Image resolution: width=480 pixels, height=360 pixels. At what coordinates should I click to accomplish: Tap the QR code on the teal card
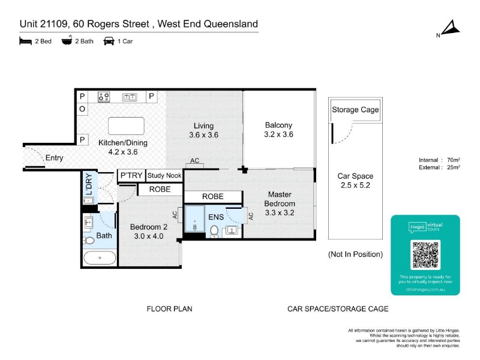tap(425, 254)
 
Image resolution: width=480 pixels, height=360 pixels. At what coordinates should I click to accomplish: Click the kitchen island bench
tap(126, 126)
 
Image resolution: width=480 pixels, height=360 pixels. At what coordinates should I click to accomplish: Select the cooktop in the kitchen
tap(104, 97)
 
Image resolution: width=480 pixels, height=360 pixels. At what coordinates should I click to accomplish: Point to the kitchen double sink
tap(130, 97)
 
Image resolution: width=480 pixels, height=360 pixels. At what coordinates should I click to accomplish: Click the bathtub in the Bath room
tap(100, 258)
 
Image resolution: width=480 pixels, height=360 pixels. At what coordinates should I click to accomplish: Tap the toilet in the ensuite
tap(214, 231)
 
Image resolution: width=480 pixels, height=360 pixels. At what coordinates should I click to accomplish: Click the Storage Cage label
tap(355, 110)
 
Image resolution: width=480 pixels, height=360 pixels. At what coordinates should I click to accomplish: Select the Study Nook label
tap(164, 175)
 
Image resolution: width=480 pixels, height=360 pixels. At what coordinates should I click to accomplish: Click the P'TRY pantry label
tap(131, 175)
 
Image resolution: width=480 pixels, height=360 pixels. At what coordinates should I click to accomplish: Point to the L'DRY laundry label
tap(89, 184)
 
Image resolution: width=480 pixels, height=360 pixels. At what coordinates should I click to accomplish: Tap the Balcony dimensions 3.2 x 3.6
tap(278, 134)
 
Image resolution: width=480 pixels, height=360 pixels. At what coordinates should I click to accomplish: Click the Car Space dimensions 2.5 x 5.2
tap(355, 185)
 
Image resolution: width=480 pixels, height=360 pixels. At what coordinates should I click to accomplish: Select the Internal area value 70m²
tap(454, 160)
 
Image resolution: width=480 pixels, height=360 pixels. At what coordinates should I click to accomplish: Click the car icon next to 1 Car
tap(109, 41)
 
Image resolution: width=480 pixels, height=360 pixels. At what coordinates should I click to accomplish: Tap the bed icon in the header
tap(25, 41)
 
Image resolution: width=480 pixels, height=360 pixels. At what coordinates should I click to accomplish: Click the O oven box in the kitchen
tap(82, 109)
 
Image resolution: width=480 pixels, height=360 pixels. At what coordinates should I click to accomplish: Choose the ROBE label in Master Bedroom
tap(213, 197)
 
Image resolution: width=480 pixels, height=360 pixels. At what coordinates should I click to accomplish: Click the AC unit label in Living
tap(194, 160)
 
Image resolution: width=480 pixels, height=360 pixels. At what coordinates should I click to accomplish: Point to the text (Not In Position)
tap(355, 254)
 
